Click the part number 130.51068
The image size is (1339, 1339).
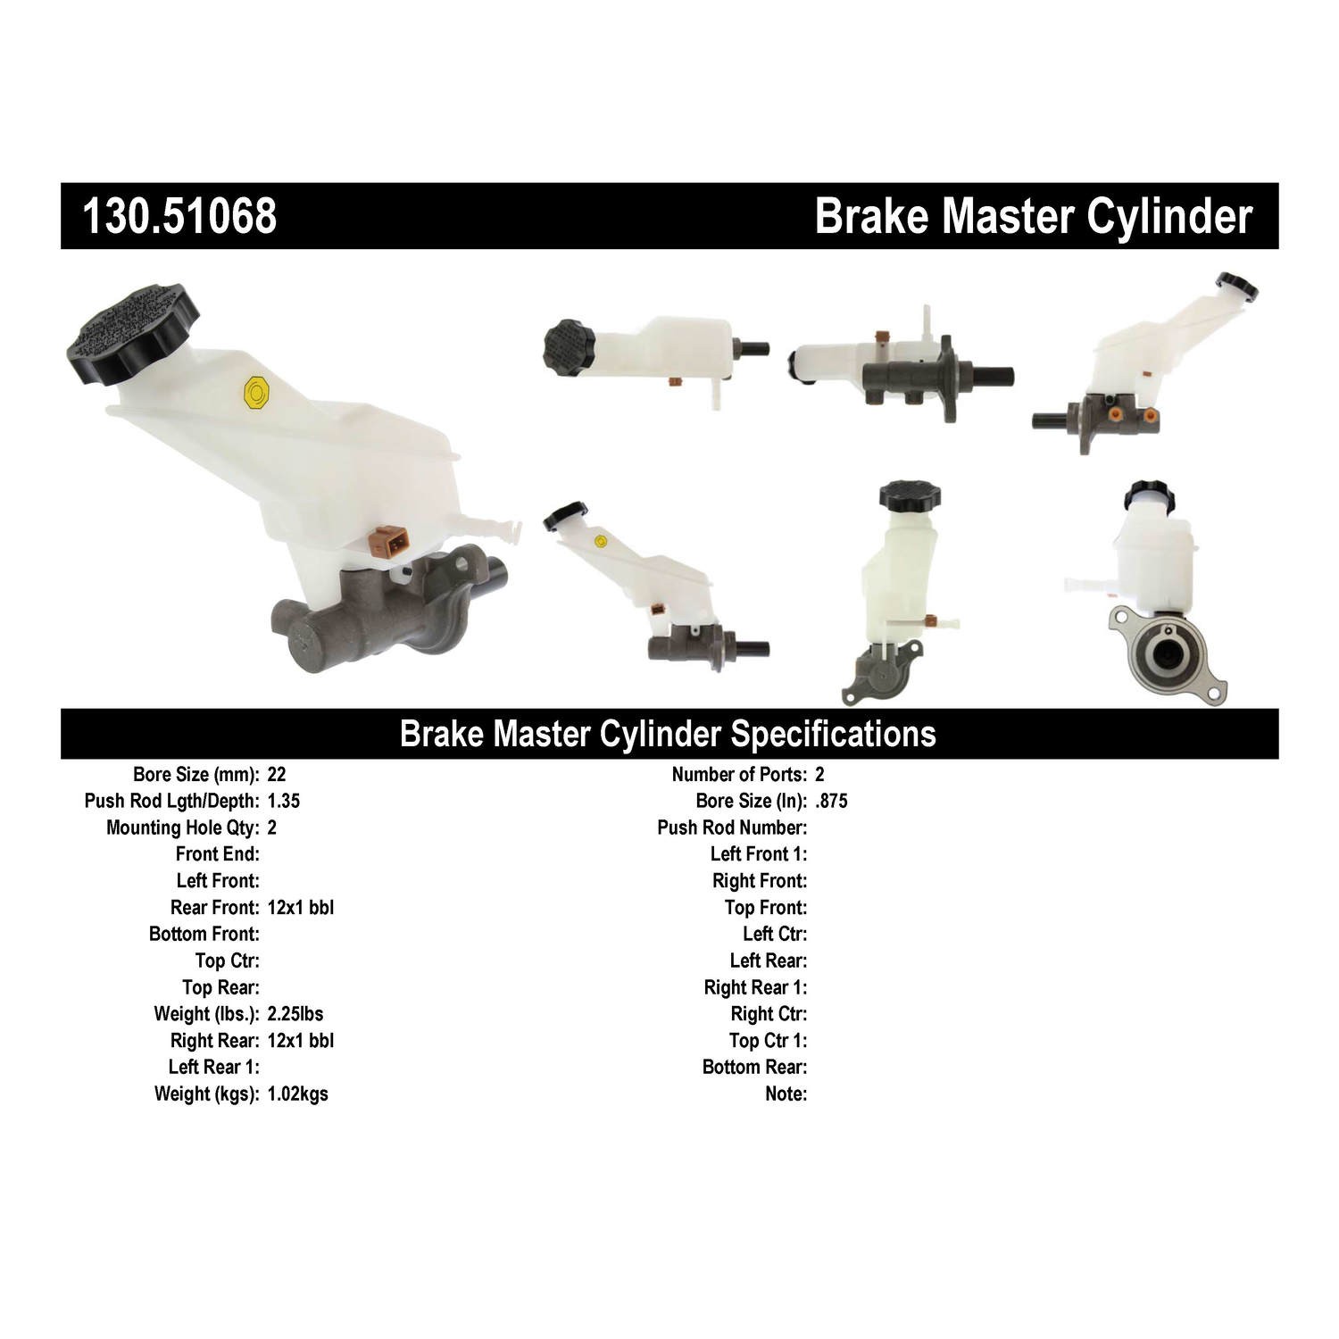click(x=179, y=216)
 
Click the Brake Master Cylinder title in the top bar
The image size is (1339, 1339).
click(x=1033, y=216)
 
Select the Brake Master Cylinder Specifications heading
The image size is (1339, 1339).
click(x=668, y=734)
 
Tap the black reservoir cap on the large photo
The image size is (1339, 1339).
click(x=133, y=333)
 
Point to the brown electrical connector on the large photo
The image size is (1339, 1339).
click(x=390, y=541)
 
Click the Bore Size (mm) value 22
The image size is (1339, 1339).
click(x=276, y=775)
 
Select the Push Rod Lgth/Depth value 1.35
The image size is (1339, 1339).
click(x=283, y=801)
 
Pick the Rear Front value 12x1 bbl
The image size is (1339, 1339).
click(x=300, y=908)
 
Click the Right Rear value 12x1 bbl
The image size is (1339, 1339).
click(x=300, y=1041)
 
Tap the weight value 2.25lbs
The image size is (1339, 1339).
click(x=295, y=1014)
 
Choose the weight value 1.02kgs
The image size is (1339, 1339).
click(x=297, y=1094)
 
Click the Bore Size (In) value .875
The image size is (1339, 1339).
click(x=831, y=801)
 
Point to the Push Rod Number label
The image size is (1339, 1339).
click(x=732, y=828)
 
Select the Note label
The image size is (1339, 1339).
click(x=786, y=1094)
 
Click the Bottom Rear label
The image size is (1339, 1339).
click(x=754, y=1068)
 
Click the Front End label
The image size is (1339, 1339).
click(x=217, y=854)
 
